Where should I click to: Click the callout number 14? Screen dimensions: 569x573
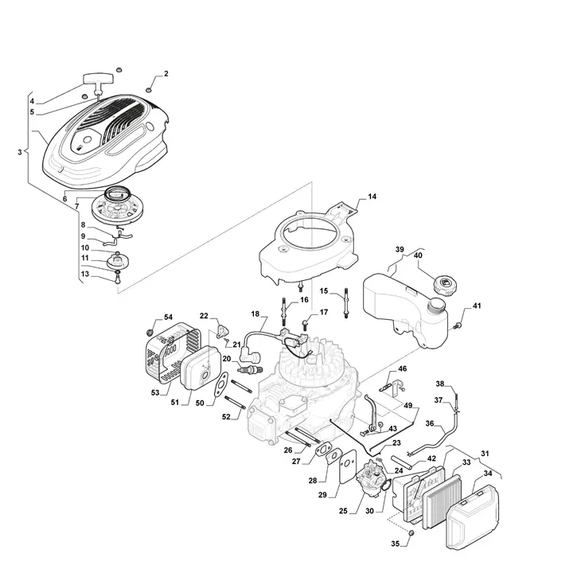click(372, 196)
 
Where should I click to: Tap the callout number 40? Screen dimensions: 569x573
click(417, 256)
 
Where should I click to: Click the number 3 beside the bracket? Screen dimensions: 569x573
click(19, 151)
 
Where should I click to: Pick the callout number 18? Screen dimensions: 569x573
click(255, 314)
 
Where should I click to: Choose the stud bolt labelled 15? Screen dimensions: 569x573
click(347, 307)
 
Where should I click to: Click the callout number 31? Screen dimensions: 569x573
click(485, 453)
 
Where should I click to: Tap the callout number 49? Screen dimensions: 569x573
click(408, 405)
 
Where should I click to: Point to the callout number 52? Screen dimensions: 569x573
click(227, 416)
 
